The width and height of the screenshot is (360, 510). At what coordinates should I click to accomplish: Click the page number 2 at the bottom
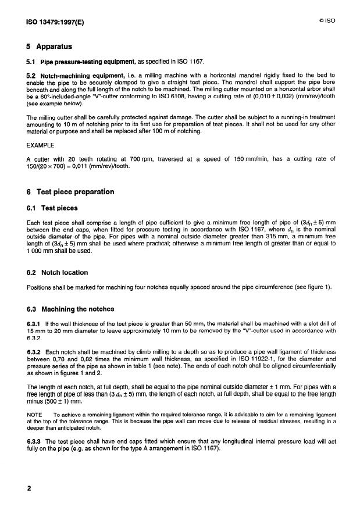click(27, 488)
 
